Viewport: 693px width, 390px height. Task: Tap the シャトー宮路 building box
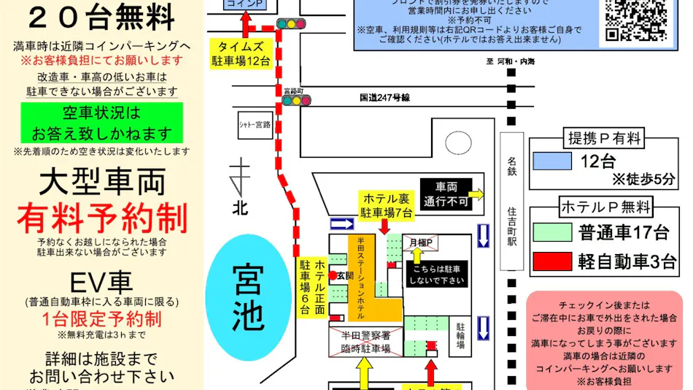click(x=255, y=124)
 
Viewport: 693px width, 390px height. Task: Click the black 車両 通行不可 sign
click(x=446, y=194)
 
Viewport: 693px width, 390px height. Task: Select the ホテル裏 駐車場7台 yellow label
click(x=386, y=205)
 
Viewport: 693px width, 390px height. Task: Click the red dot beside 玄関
click(x=333, y=275)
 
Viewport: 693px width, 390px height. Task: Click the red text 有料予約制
click(x=102, y=218)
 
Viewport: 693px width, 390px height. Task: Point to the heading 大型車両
click(x=102, y=180)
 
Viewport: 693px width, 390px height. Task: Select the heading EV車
click(x=102, y=281)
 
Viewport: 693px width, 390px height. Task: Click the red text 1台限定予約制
click(x=102, y=318)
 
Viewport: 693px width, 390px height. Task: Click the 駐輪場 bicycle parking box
click(x=460, y=335)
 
